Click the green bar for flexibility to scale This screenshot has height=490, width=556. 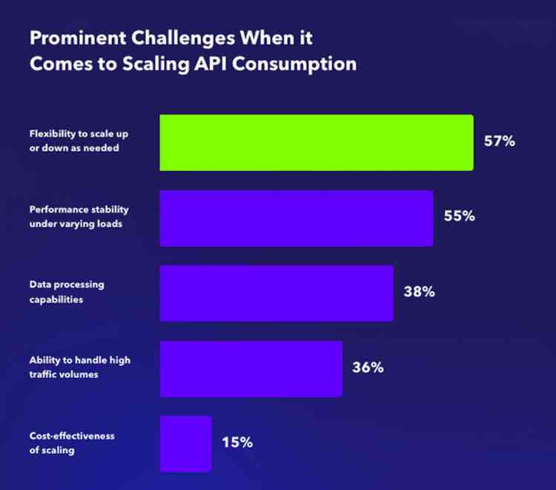click(x=317, y=142)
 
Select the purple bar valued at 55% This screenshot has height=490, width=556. click(x=297, y=218)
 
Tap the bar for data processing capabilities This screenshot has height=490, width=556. click(x=277, y=293)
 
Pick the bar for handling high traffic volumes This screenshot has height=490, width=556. click(x=251, y=368)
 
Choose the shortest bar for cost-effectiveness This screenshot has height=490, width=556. click(x=185, y=443)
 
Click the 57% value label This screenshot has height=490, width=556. click(x=499, y=142)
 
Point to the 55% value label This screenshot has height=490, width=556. click(x=459, y=216)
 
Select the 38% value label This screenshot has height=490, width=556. click(x=419, y=291)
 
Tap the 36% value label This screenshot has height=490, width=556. click(x=368, y=367)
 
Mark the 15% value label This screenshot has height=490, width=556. click(x=237, y=443)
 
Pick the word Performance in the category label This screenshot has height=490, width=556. click(x=56, y=210)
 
